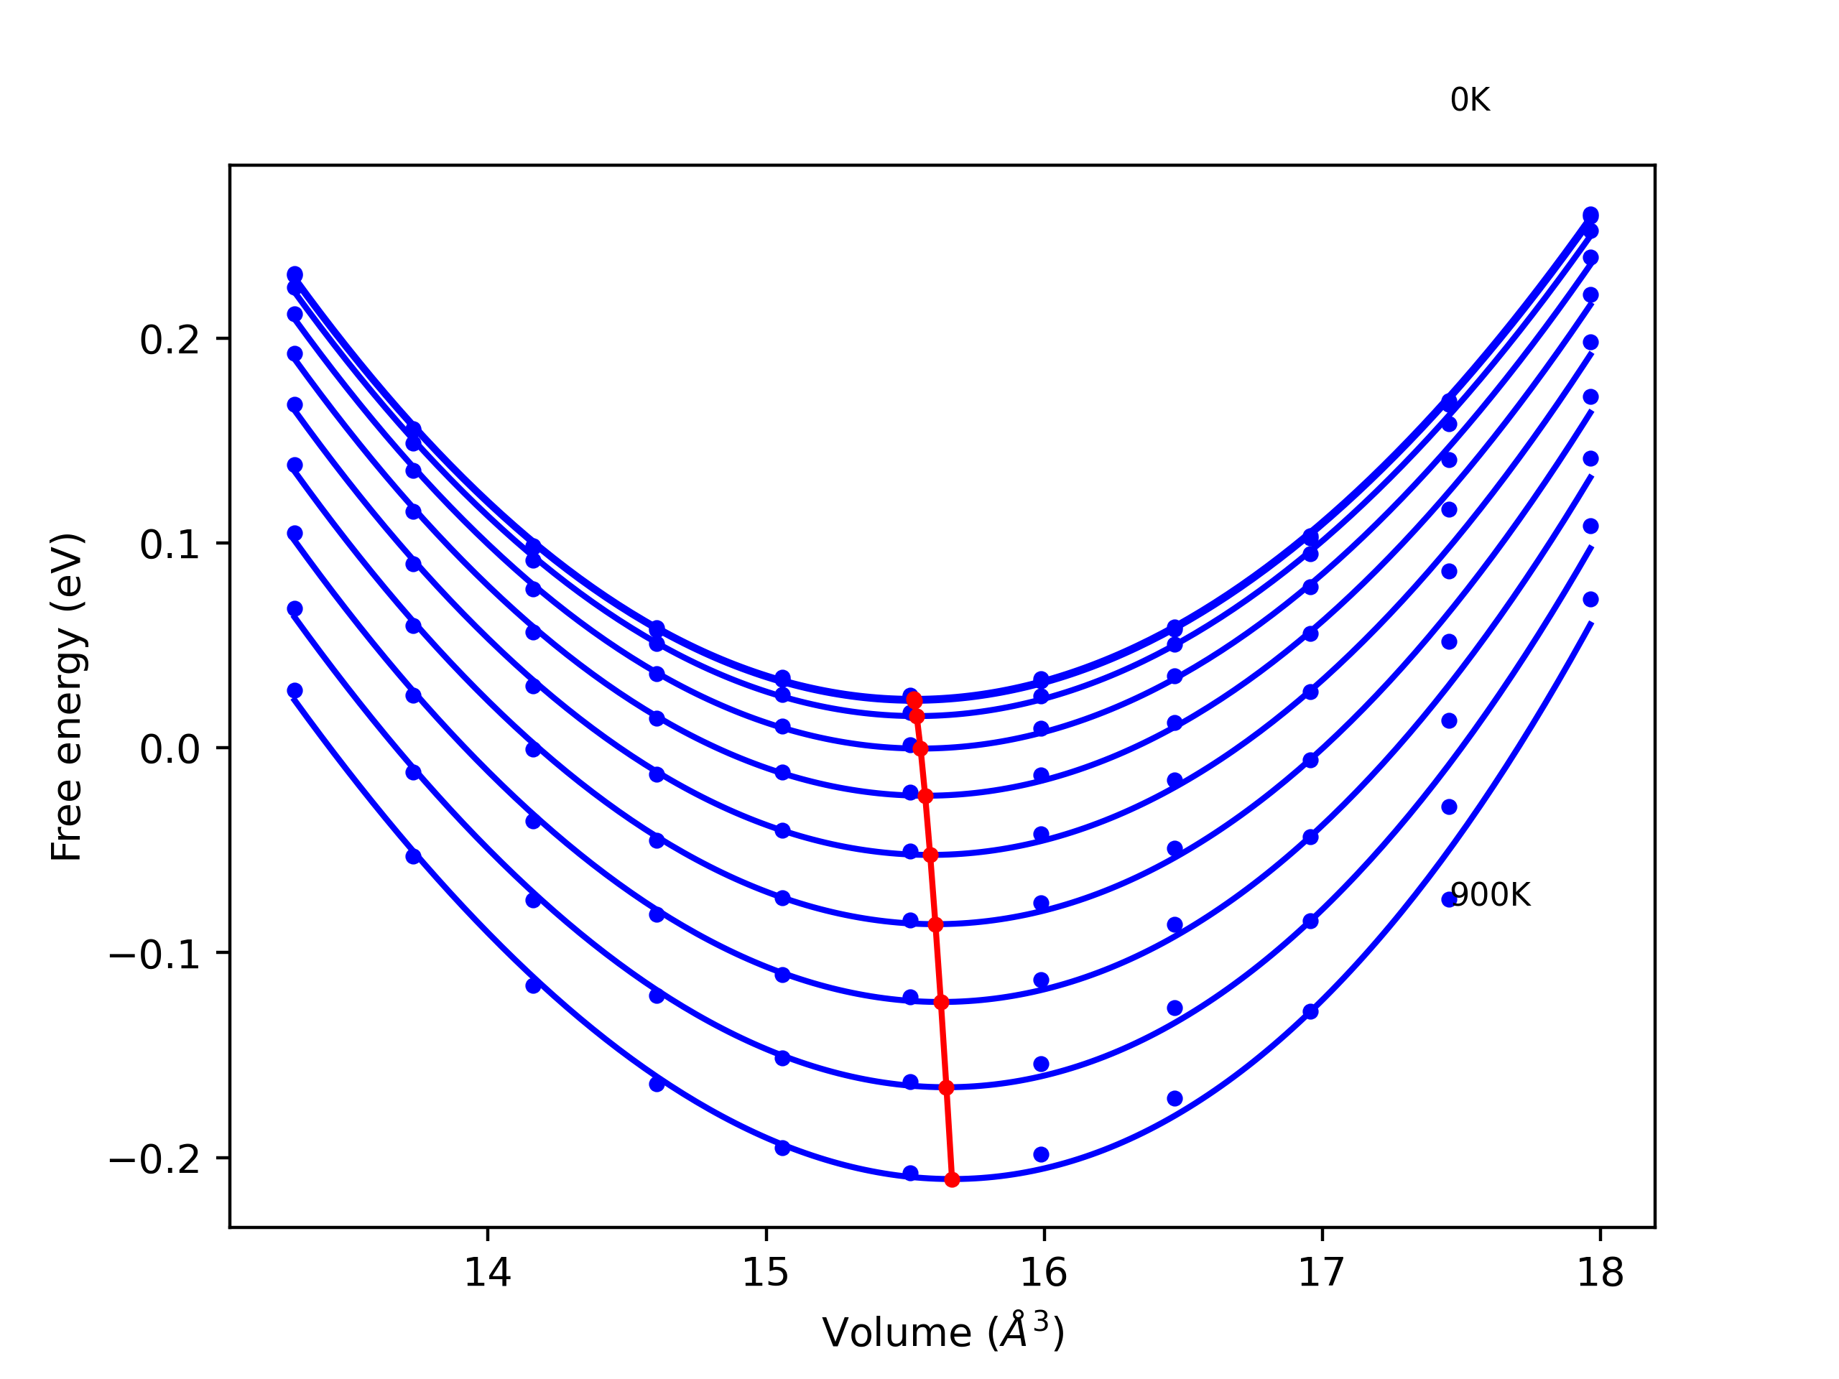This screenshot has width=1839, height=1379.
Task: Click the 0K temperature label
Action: [1469, 101]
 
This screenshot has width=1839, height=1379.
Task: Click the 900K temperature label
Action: [1490, 895]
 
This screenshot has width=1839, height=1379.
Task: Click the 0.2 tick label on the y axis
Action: [170, 340]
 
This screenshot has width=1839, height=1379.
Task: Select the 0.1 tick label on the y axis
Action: [170, 544]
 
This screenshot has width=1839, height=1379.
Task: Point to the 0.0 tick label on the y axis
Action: [170, 749]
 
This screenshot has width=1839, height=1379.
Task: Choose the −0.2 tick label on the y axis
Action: [154, 1159]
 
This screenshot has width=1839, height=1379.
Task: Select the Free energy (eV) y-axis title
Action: [67, 697]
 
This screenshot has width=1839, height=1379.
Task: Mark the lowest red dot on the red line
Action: [952, 1179]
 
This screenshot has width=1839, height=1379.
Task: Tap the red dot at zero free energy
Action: [920, 749]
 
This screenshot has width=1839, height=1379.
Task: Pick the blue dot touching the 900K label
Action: [1449, 899]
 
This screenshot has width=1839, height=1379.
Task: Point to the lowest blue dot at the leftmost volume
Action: [295, 691]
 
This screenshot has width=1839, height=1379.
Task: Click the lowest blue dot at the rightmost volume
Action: [1590, 599]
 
